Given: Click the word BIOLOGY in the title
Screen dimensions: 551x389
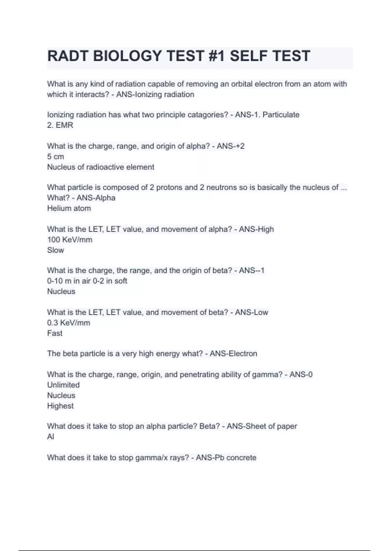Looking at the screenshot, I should [x=128, y=56].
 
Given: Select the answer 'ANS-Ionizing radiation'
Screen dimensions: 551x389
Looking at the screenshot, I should [x=155, y=95].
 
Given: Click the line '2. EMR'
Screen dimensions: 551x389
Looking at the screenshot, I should [x=60, y=125].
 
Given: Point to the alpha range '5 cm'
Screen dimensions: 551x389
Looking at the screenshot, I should [x=55, y=157].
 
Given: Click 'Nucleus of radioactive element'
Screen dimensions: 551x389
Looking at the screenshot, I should [x=100, y=167].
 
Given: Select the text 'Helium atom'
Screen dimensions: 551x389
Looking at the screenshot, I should [x=69, y=208].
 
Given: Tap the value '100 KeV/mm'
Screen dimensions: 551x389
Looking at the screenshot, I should [x=69, y=240].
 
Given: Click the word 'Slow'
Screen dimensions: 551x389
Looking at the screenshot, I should [x=55, y=250].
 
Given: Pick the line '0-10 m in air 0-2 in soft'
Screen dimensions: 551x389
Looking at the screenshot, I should [x=87, y=281].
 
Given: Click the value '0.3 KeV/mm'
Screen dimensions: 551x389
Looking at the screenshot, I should [x=68, y=323].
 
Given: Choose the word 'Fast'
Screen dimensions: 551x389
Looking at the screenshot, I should [x=54, y=333].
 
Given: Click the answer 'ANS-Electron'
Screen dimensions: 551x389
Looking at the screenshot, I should [x=233, y=354].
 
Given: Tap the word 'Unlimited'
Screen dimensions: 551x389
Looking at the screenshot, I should [x=63, y=385].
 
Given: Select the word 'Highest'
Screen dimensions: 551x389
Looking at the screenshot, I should [x=60, y=406].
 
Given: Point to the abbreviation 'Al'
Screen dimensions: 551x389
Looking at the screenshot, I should [x=51, y=437].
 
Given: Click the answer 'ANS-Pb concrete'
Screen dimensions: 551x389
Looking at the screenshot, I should [x=226, y=458].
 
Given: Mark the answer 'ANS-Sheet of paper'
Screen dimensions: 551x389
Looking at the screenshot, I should [x=262, y=426].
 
